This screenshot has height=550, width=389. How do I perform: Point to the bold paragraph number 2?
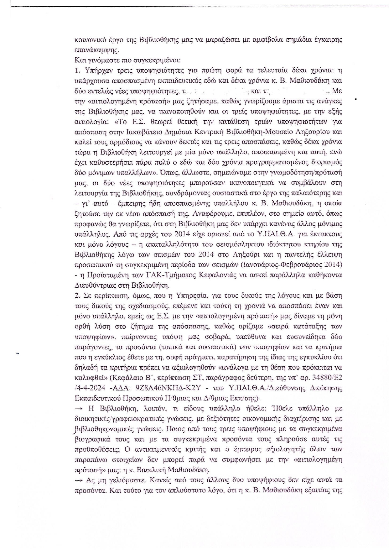[x=77, y=295]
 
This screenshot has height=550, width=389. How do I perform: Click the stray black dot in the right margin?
[x=356, y=100]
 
